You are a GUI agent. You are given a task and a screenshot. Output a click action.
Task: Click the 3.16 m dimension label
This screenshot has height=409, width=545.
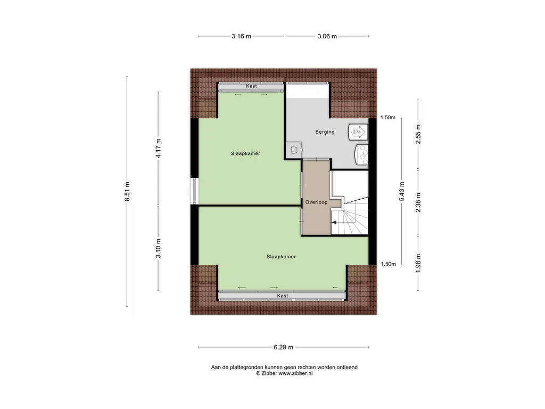tap(241, 37)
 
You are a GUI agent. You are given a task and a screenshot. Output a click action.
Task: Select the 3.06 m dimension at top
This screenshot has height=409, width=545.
tap(327, 37)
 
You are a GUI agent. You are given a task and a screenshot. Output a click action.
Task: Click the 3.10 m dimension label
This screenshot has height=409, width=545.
tap(158, 248)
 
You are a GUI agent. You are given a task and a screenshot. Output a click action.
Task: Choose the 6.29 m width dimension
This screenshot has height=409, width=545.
tap(283, 347)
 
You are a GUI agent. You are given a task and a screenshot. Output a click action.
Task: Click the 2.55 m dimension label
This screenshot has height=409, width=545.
tap(418, 134)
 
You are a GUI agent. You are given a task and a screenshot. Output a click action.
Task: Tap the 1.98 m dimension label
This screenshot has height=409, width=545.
tap(418, 263)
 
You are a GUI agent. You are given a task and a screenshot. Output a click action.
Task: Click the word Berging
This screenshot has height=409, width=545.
tap(325, 132)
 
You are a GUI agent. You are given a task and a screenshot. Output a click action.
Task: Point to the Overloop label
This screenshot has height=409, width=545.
tap(316, 202)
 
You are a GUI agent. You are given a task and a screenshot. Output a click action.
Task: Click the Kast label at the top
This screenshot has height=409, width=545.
tap(251, 86)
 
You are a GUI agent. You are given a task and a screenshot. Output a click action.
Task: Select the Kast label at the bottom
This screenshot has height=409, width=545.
tap(282, 296)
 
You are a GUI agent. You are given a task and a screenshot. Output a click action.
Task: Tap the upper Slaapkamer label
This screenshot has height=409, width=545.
tap(245, 153)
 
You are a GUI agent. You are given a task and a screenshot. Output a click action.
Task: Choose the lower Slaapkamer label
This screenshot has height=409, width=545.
tap(281, 257)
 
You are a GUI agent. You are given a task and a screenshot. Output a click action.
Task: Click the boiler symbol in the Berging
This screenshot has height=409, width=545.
tap(356, 131)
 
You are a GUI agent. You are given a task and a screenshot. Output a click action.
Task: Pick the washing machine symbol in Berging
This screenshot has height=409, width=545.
tap(362, 154)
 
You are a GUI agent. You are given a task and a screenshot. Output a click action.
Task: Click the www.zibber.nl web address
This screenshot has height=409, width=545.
tap(295, 374)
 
